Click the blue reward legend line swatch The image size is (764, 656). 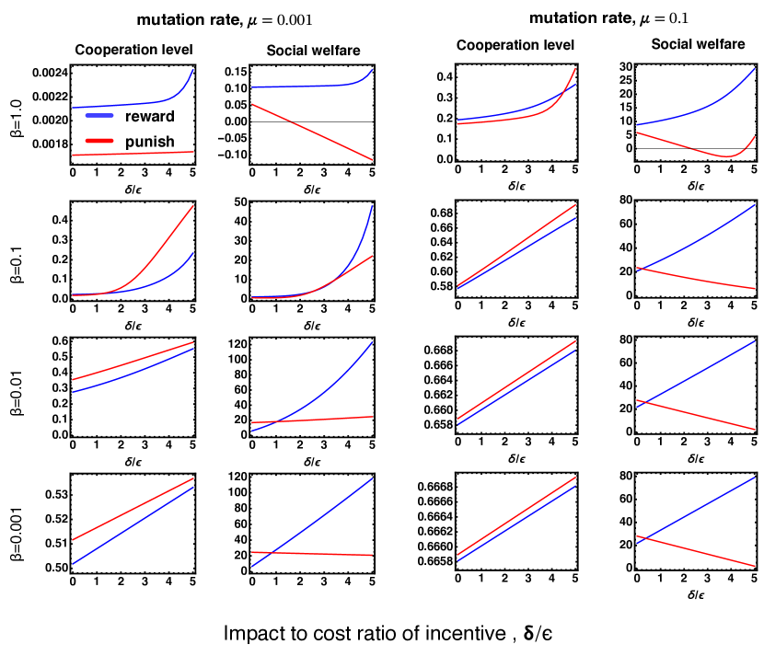[101, 116]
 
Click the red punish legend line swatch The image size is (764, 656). [101, 141]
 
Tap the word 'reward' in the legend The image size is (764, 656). [151, 116]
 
